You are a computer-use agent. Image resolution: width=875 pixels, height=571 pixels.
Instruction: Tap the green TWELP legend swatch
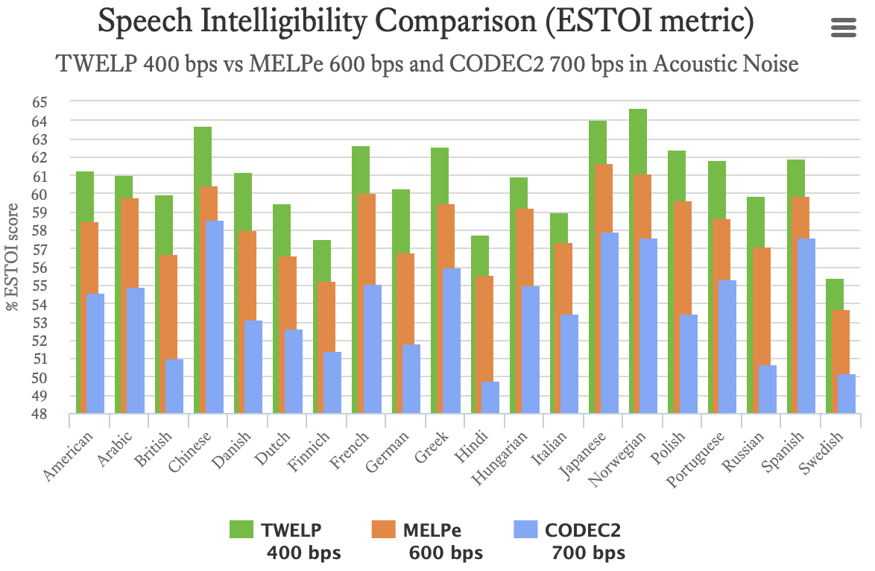[x=243, y=530]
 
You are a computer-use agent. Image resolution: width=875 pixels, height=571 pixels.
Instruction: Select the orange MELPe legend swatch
[x=385, y=530]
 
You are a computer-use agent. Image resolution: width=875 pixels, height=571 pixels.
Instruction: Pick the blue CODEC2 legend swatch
[x=527, y=530]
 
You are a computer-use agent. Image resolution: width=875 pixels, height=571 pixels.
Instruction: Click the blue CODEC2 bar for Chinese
[x=215, y=317]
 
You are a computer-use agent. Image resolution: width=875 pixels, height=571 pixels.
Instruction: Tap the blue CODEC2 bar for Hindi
[x=490, y=398]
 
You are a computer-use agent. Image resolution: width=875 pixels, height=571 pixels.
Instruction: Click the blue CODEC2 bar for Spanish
[x=806, y=326]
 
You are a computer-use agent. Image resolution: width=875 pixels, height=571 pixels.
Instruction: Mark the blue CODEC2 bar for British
[x=174, y=386]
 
